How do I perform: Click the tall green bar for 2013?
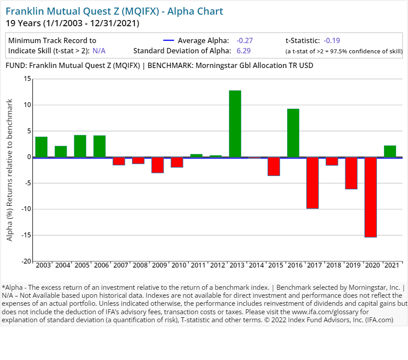click(x=235, y=124)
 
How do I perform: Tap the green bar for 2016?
click(x=293, y=133)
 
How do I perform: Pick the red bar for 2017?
click(x=312, y=183)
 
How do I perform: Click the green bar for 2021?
click(x=390, y=151)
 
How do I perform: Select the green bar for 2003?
click(x=41, y=147)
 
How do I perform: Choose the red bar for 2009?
click(x=158, y=165)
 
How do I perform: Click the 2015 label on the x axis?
click(x=276, y=265)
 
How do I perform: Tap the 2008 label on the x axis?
click(x=140, y=265)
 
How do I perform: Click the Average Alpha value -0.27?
click(x=244, y=40)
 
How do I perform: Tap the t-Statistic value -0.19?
click(x=332, y=40)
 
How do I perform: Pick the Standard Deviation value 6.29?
click(x=244, y=51)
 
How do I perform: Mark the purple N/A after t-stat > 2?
click(x=99, y=51)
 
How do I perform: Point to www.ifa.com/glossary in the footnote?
click(x=320, y=312)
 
